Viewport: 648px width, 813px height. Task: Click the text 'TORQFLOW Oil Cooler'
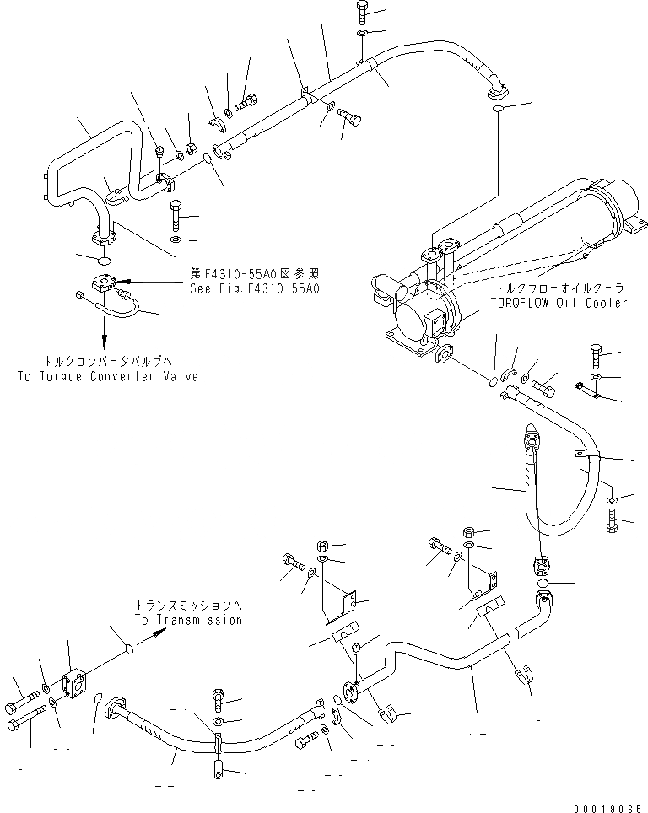click(557, 303)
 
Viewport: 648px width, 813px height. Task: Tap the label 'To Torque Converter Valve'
click(107, 376)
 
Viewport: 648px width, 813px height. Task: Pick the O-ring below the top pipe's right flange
click(498, 108)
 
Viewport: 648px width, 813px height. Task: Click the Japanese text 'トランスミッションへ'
click(188, 606)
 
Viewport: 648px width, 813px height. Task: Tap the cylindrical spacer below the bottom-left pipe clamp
click(218, 769)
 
